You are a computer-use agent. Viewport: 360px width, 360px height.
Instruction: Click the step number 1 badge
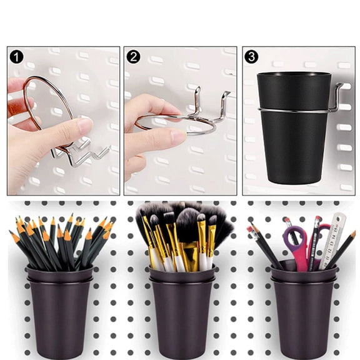[17, 57]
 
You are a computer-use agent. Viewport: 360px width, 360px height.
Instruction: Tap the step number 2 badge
[133, 57]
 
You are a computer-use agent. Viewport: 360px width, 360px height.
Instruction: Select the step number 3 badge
[251, 57]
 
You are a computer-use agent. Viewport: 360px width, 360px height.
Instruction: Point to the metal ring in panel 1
[37, 87]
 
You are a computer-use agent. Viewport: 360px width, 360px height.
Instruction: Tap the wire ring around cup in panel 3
[294, 111]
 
